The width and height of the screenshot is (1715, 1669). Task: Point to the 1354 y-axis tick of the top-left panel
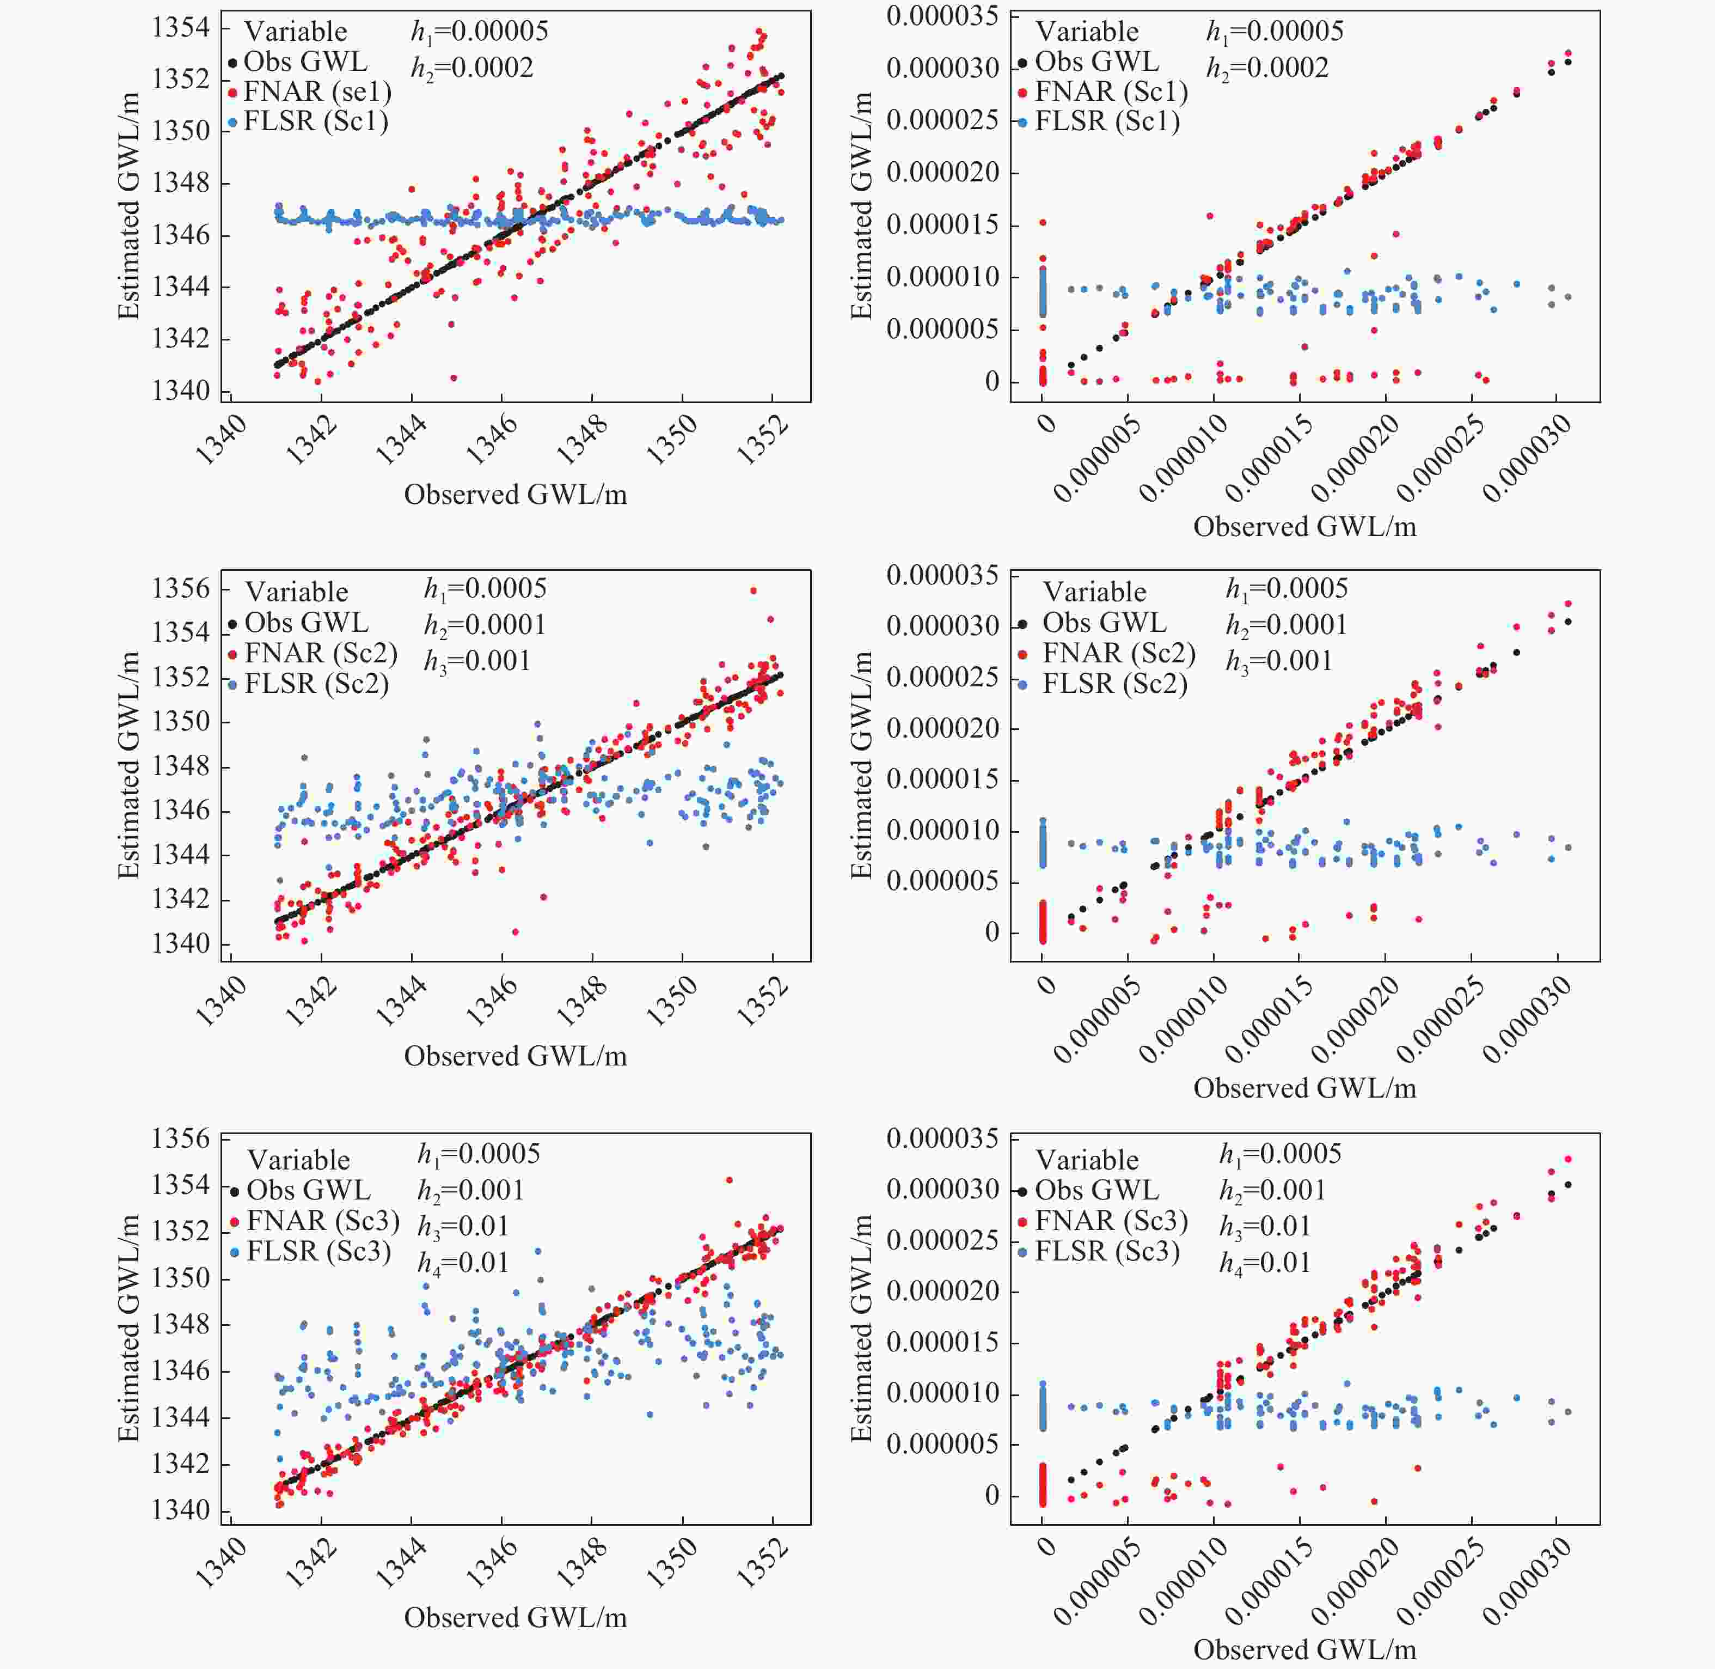point(181,27)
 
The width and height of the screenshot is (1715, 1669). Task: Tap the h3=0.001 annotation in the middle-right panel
point(1278,660)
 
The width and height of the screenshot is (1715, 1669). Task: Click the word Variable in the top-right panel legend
point(1087,32)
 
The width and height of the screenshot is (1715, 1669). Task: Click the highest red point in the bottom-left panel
point(729,1180)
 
